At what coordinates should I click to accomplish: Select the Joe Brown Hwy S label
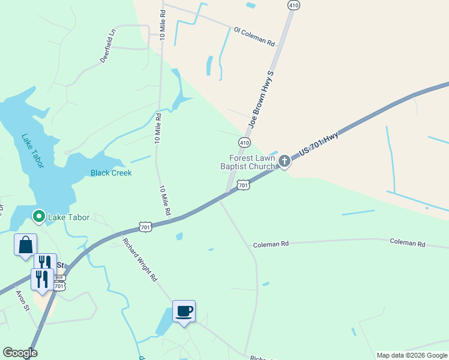point(261,99)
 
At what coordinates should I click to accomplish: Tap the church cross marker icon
point(285,160)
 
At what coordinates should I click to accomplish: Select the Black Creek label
point(111,173)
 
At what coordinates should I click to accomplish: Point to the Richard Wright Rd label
point(139,260)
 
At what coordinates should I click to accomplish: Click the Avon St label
point(23,301)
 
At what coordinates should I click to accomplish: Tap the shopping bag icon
point(26,245)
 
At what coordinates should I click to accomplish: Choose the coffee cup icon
point(184,311)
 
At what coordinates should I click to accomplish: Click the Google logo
point(20,353)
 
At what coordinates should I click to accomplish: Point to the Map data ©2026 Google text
point(412,355)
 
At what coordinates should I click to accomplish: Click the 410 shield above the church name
point(244,143)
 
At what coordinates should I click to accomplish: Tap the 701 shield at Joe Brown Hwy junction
point(243,185)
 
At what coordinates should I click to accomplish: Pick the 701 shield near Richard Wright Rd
point(145,226)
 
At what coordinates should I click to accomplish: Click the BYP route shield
point(59,278)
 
